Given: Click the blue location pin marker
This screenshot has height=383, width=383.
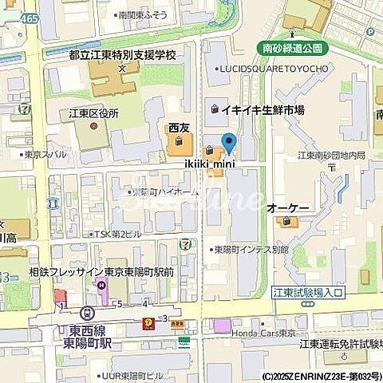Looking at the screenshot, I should [x=230, y=144].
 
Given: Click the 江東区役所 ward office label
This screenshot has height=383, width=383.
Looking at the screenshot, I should [x=92, y=113].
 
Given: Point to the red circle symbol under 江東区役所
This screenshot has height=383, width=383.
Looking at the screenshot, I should [x=93, y=126].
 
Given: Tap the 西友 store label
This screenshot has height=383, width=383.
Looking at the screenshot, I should [x=179, y=128].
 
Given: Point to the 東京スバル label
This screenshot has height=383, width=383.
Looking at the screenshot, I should [x=44, y=155].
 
